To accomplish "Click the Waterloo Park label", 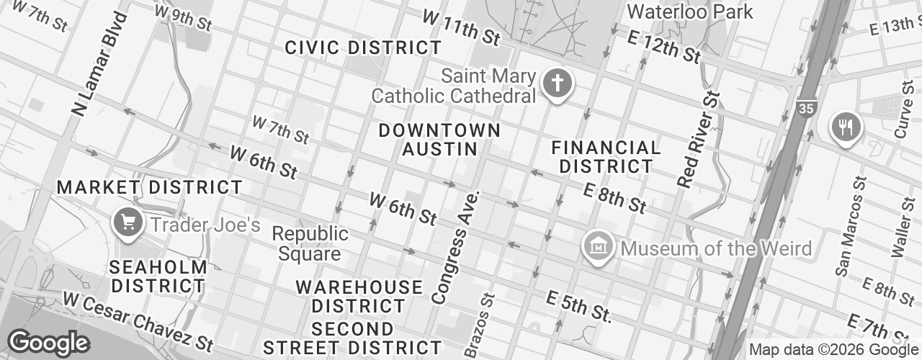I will pyautogui.click(x=689, y=12).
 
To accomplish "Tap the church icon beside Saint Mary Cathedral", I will pyautogui.click(x=557, y=84).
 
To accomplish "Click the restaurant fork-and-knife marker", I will pyautogui.click(x=846, y=128).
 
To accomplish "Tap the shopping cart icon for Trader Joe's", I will pyautogui.click(x=129, y=222).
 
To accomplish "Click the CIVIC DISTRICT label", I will pyautogui.click(x=363, y=48).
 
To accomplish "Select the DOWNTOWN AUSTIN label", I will pyautogui.click(x=439, y=140).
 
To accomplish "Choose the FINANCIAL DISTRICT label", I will pyautogui.click(x=606, y=157).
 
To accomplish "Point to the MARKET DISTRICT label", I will pyautogui.click(x=150, y=188).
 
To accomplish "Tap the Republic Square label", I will pyautogui.click(x=310, y=244).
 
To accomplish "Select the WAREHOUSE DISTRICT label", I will pyautogui.click(x=359, y=297).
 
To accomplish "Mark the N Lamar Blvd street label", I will pyautogui.click(x=94, y=65).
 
